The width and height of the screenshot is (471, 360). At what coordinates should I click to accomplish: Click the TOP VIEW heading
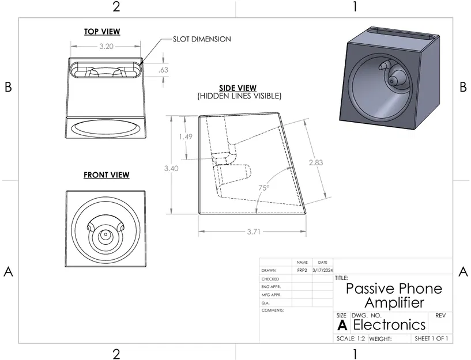click(102, 32)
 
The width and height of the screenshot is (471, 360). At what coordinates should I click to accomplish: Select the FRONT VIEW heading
click(106, 175)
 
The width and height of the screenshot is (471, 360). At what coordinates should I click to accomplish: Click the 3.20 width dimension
click(105, 46)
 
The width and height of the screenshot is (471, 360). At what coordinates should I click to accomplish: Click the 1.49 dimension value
click(185, 137)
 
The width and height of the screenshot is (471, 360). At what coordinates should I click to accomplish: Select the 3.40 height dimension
click(171, 168)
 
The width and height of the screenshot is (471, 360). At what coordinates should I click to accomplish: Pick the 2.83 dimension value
click(315, 162)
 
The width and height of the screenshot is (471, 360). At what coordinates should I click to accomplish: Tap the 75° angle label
click(264, 188)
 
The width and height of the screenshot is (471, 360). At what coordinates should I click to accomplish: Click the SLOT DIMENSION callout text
click(202, 39)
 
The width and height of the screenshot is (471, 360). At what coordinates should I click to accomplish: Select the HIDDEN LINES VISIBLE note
click(239, 96)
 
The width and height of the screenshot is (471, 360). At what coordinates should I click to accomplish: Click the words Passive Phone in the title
click(394, 289)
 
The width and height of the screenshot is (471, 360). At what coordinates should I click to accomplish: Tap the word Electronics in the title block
click(389, 324)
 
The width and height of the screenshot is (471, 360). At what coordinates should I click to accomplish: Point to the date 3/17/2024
click(322, 270)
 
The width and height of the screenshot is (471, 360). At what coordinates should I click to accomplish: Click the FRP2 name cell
click(302, 270)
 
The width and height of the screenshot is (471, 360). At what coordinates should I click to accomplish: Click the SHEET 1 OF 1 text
click(431, 338)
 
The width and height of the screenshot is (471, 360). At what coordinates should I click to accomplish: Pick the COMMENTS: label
click(273, 310)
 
